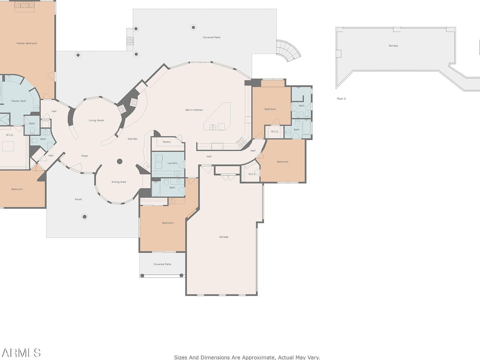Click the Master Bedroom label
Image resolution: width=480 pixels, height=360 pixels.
27,43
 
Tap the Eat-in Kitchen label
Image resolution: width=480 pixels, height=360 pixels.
194,110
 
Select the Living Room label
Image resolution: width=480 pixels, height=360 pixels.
96,120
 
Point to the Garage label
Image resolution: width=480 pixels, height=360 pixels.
223,237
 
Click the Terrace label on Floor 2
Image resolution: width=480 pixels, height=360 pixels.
393,46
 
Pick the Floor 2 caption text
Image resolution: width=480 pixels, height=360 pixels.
341,99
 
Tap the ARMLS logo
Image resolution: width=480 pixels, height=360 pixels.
20,353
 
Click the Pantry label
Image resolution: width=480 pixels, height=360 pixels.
167,142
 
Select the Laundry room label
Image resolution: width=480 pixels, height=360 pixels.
172,163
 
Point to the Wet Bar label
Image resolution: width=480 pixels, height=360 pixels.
132,139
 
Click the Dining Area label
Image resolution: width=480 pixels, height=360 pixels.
119,182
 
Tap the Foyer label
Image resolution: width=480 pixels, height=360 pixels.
85,156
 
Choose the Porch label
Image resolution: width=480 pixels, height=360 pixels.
78,199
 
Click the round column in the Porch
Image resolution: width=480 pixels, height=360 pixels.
84,217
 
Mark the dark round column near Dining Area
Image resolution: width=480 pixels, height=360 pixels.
120,162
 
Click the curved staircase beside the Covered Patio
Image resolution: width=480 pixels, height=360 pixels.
288,51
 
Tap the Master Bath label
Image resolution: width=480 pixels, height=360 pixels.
18,101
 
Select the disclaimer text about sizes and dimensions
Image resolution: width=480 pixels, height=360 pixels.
247,357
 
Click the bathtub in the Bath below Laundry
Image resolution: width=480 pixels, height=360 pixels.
156,188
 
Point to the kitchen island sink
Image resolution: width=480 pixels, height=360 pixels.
212,127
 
